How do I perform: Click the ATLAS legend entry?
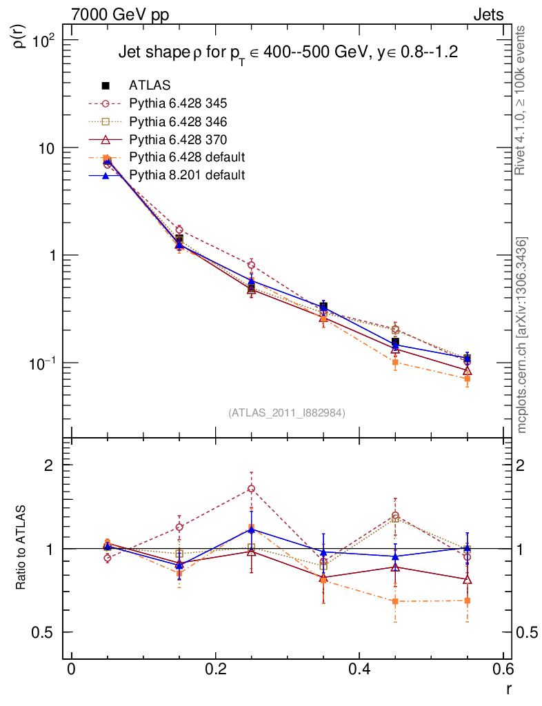tap(148, 85)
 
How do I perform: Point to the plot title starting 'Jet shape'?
tap(288, 52)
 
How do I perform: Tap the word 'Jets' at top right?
tap(488, 14)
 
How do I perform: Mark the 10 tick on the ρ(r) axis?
tap(50, 148)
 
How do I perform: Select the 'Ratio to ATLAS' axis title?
tap(21, 548)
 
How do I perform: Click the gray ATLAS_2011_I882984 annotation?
tap(287, 412)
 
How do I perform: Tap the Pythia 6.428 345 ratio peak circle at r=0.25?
tap(252, 489)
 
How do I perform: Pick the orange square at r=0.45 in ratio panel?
tap(395, 601)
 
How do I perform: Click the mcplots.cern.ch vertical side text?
tap(522, 335)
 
